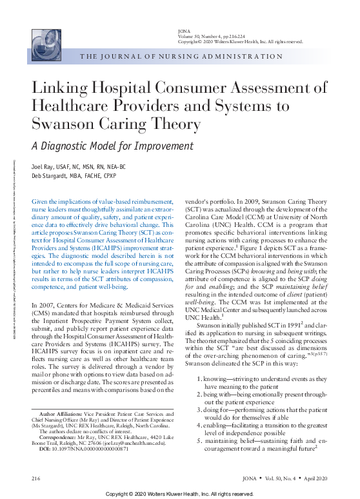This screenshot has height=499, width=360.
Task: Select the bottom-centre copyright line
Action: [x=180, y=493]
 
